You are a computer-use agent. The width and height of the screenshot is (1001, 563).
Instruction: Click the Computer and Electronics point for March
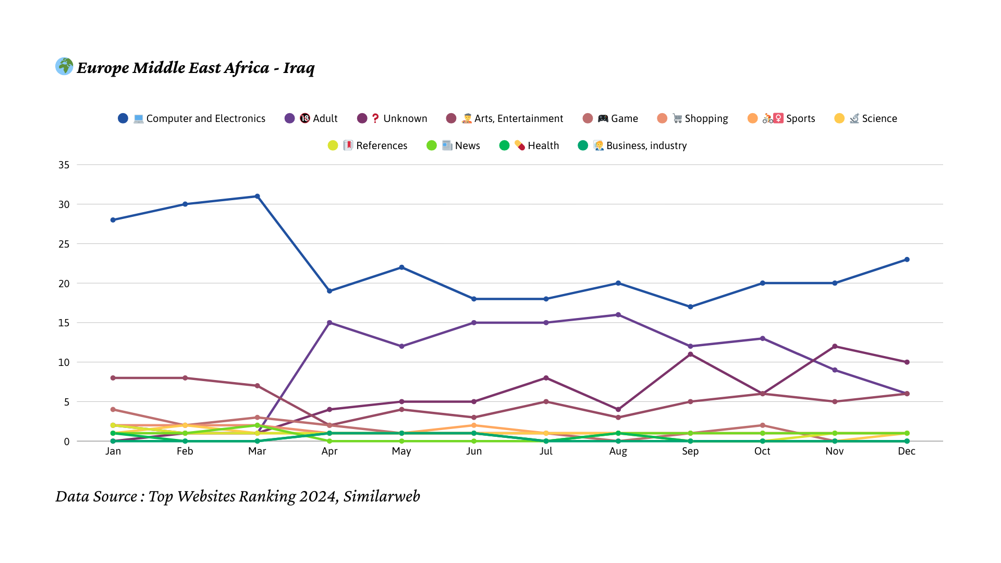pos(257,197)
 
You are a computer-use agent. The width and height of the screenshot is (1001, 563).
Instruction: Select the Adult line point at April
pos(329,323)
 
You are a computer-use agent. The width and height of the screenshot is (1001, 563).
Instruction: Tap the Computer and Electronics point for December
pos(907,260)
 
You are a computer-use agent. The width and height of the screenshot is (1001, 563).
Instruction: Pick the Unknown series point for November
pos(835,347)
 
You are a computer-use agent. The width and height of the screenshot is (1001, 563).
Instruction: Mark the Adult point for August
pos(618,315)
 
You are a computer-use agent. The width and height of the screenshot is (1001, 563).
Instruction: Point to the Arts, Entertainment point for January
pos(113,378)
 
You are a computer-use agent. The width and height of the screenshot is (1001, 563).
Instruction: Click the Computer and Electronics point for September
pos(690,307)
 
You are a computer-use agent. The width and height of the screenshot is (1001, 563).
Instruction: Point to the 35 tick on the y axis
pos(64,165)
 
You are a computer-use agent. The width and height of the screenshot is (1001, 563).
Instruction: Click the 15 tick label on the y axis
pos(64,323)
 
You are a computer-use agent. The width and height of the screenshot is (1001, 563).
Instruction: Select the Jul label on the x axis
pos(546,451)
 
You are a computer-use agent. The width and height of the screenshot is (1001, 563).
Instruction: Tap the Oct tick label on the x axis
pos(762,451)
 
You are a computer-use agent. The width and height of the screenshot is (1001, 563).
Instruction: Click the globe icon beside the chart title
pos(65,67)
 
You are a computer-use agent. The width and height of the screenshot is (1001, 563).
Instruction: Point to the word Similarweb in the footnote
pos(382,497)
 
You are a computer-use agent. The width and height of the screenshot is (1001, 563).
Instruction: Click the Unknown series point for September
pos(690,354)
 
